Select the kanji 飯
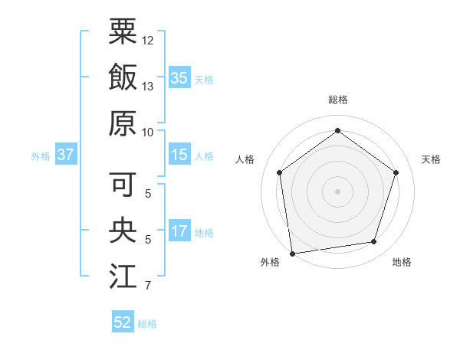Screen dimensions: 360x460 [123, 77]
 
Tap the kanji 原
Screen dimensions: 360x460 [123, 123]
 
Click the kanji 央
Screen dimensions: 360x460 [123, 231]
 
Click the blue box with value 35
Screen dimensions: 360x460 [179, 78]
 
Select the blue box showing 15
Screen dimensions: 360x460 [179, 155]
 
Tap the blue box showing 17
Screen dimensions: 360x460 [179, 231]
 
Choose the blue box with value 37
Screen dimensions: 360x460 [65, 155]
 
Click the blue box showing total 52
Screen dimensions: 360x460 [123, 322]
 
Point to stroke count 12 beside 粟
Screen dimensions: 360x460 [148, 40]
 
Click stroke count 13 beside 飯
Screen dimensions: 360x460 [148, 86]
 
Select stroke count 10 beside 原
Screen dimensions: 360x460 [148, 132]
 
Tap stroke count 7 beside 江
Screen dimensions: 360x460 [148, 286]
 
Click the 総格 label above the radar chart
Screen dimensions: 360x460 [337, 100]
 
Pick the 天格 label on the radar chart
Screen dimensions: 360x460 [431, 159]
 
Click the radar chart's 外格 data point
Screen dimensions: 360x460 [292, 252]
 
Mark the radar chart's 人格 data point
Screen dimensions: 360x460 [280, 172]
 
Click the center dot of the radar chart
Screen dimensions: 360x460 [337, 191]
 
